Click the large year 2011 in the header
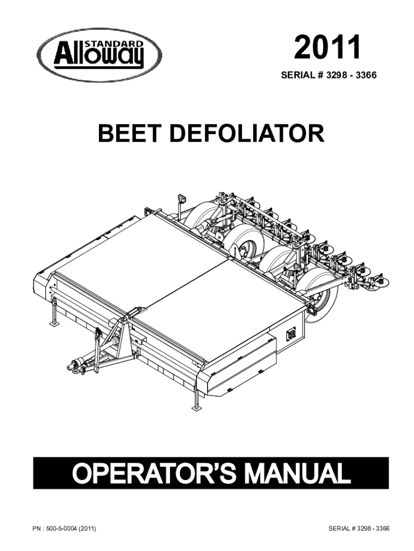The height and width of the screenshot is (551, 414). pos(326,48)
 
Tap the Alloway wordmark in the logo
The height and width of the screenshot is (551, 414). pos(98,56)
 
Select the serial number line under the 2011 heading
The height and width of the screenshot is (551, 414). pos(329,75)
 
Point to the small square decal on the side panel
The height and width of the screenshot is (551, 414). pos(291,334)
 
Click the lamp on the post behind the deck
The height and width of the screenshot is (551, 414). pos(181,199)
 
